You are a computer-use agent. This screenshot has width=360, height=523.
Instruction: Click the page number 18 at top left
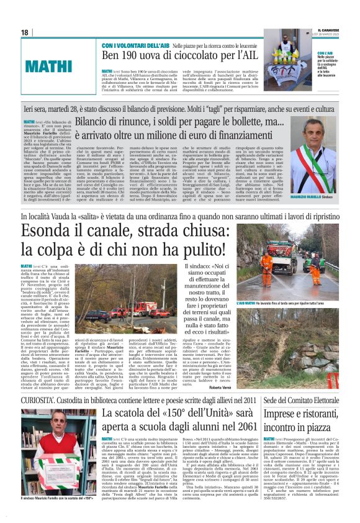(x=25, y=32)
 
